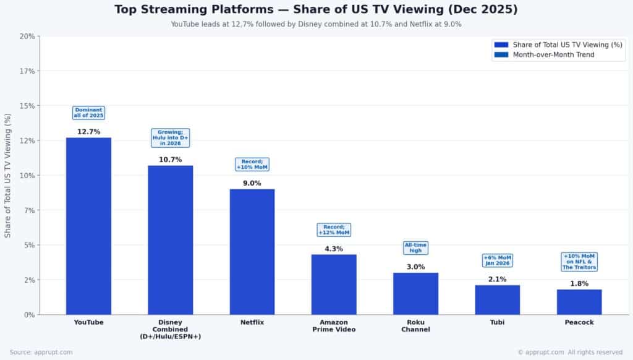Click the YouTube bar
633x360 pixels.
click(88, 226)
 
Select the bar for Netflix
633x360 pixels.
click(252, 252)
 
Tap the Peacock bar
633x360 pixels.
click(579, 302)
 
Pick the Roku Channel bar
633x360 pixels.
click(415, 293)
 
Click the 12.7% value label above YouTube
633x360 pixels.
click(88, 132)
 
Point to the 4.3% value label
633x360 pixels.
click(334, 249)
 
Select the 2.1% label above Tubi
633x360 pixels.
click(497, 280)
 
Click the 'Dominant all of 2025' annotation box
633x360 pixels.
click(88, 113)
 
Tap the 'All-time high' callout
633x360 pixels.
click(415, 248)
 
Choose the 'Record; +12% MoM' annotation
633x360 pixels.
click(334, 230)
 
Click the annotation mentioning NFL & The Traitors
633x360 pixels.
click(579, 262)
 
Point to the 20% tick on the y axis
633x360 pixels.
click(27, 36)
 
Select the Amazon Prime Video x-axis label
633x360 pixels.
click(334, 326)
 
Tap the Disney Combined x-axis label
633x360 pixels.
click(170, 329)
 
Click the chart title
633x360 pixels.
click(316, 10)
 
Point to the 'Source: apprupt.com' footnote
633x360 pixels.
click(41, 352)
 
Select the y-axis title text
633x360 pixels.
click(8, 175)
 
